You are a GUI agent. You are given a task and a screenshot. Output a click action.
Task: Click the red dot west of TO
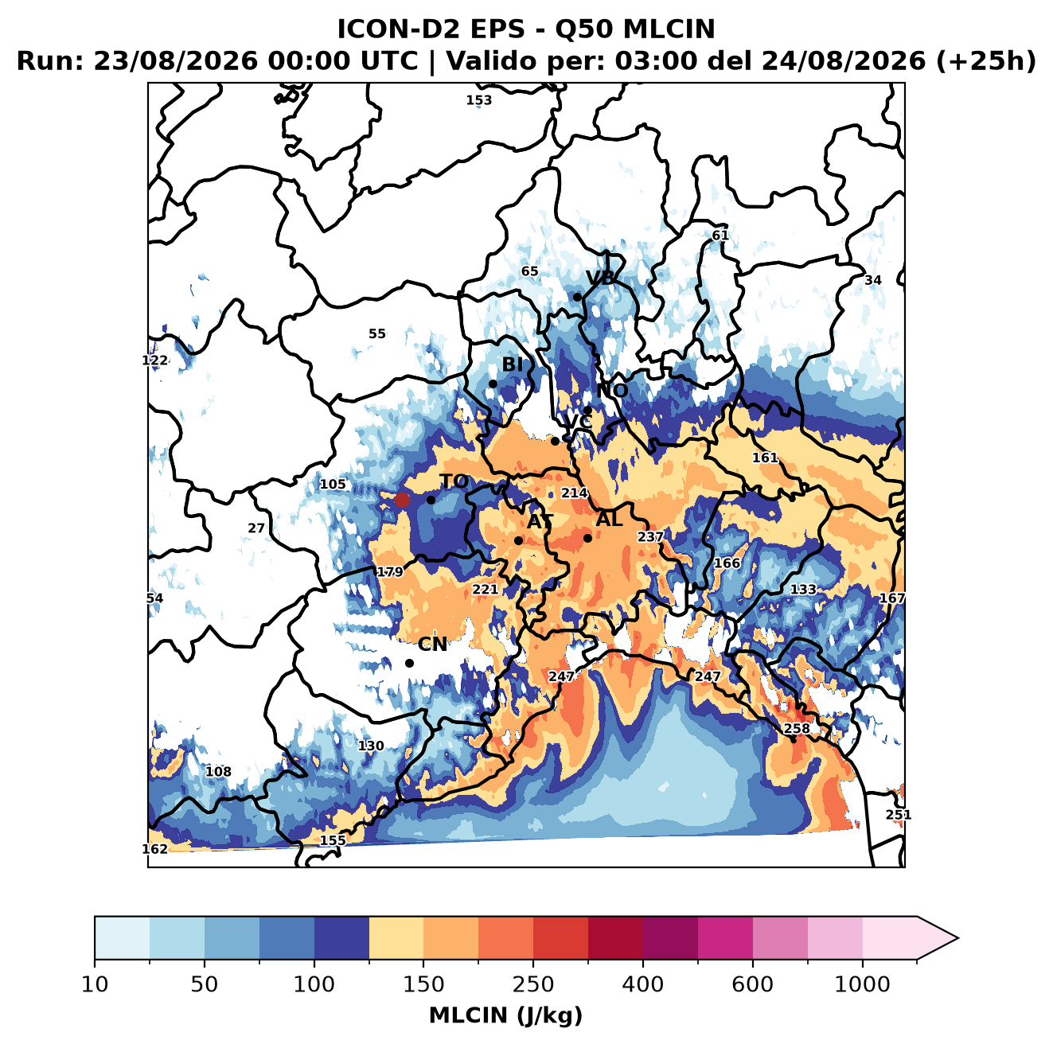[402, 500]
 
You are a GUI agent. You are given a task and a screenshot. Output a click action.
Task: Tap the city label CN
[431, 645]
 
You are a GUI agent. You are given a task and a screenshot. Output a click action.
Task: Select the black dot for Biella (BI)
[493, 384]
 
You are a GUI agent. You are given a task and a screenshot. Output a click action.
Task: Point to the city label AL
[609, 519]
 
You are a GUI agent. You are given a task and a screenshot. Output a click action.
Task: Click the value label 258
[797, 728]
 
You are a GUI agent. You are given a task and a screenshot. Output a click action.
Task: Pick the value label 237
[650, 537]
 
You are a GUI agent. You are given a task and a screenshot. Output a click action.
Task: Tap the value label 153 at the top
[478, 100]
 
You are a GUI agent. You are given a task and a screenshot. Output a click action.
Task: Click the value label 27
[256, 528]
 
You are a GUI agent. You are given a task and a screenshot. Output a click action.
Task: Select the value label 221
[486, 590]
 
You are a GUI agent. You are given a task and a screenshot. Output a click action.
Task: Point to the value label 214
[575, 493]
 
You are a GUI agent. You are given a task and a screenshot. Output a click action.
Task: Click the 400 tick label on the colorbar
[642, 984]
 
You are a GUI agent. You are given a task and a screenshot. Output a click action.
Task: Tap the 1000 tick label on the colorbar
[862, 984]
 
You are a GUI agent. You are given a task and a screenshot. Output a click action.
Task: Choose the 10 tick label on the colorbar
[95, 984]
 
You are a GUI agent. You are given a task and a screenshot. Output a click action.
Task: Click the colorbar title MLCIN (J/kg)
[505, 1015]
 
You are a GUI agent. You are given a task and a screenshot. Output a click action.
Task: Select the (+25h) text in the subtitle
[985, 61]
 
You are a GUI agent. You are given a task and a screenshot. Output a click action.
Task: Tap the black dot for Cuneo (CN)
[409, 663]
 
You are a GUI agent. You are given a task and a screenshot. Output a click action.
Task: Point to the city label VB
[600, 278]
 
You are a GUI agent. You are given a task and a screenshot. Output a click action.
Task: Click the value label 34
[872, 280]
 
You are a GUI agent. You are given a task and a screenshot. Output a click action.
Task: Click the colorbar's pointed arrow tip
[957, 938]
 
